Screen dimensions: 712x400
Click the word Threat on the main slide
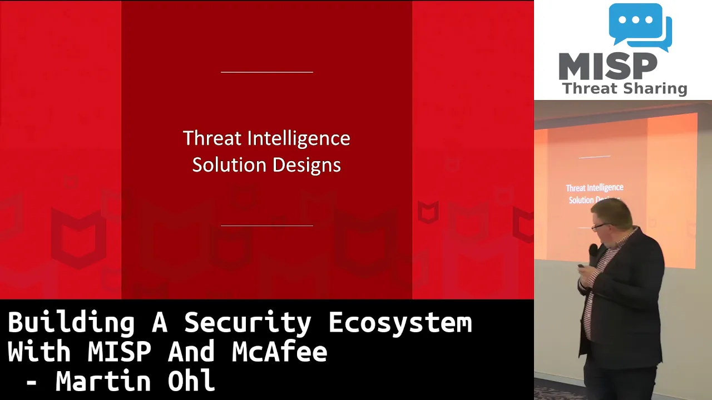[212, 138]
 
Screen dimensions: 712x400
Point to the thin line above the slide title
[266, 72]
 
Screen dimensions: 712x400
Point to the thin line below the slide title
[266, 226]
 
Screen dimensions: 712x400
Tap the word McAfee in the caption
[279, 351]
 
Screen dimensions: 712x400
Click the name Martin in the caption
[103, 381]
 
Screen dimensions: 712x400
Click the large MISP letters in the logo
[608, 66]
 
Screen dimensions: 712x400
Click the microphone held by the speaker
[593, 254]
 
